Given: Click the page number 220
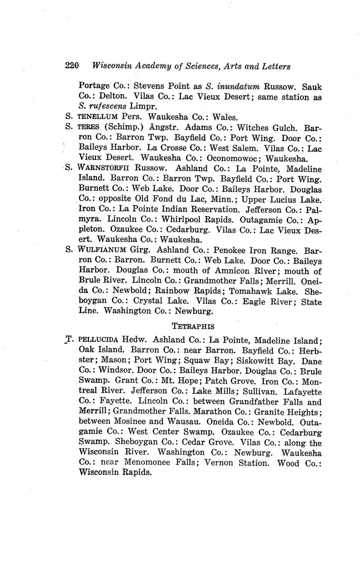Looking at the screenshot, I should [72, 66].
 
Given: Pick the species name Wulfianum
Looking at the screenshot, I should [102, 250].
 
